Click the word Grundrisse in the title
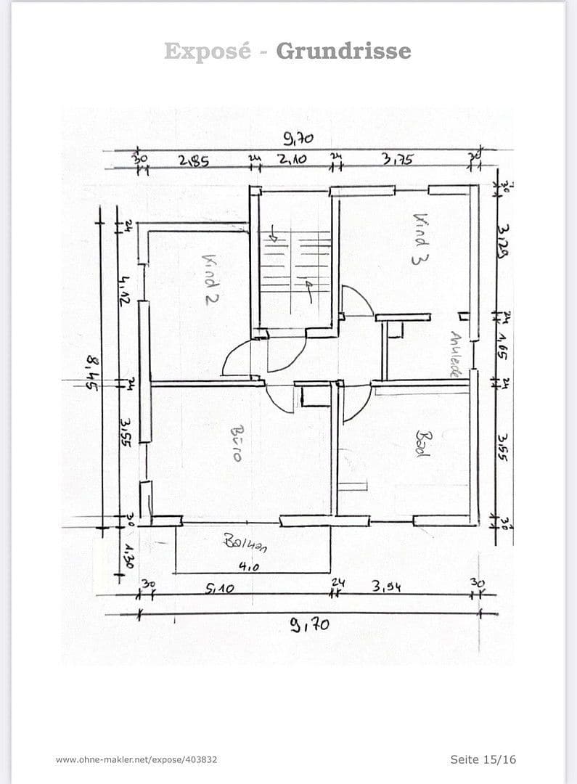pyautogui.click(x=343, y=51)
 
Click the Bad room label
pyautogui.click(x=422, y=444)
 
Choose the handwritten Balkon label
pyautogui.click(x=245, y=542)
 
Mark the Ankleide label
pyautogui.click(x=455, y=354)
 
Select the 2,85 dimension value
pyautogui.click(x=194, y=161)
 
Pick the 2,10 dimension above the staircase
pyautogui.click(x=293, y=160)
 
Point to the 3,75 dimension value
pyautogui.click(x=398, y=159)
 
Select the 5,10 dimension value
pyautogui.click(x=219, y=589)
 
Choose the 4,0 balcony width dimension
pyautogui.click(x=248, y=568)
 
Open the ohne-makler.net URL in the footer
pyautogui.click(x=136, y=759)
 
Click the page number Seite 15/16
pyautogui.click(x=483, y=759)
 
